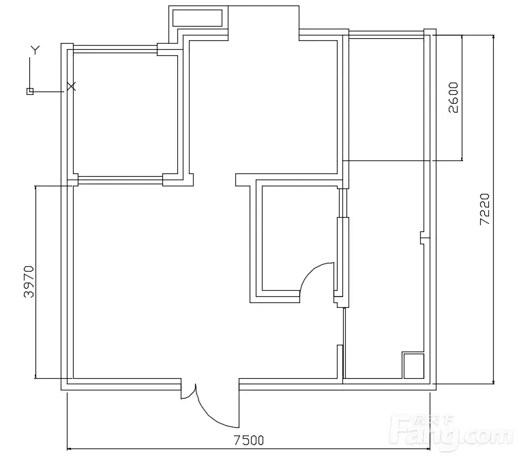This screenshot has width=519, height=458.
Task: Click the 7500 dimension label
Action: pyautogui.click(x=248, y=440)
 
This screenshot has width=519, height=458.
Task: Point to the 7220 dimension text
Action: pyautogui.click(x=484, y=210)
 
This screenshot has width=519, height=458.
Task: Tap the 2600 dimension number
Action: pyautogui.click(x=454, y=98)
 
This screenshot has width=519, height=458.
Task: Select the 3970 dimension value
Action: pyautogui.click(x=29, y=281)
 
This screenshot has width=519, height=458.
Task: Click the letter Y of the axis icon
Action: pyautogui.click(x=35, y=50)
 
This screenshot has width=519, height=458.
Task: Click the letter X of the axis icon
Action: pyautogui.click(x=72, y=87)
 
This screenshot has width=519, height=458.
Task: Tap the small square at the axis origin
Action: pyautogui.click(x=30, y=91)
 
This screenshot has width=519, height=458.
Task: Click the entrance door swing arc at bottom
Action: pyautogui.click(x=208, y=414)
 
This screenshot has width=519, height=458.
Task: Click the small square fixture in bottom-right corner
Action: pyautogui.click(x=414, y=366)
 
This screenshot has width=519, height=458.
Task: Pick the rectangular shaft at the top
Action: pyautogui.click(x=197, y=18)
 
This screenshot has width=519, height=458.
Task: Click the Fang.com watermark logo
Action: pyautogui.click(x=451, y=431)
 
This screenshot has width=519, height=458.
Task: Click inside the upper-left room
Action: pyautogui.click(x=125, y=114)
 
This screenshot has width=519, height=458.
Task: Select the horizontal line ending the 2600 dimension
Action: pyautogui.click(x=402, y=161)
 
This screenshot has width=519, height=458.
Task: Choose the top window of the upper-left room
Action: pyautogui.click(x=115, y=49)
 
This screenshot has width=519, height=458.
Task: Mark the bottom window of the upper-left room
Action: pyautogui.click(x=120, y=180)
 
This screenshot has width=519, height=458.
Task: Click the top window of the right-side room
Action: pyautogui.click(x=387, y=34)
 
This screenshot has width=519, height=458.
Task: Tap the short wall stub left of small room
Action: pyautogui.click(x=243, y=180)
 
